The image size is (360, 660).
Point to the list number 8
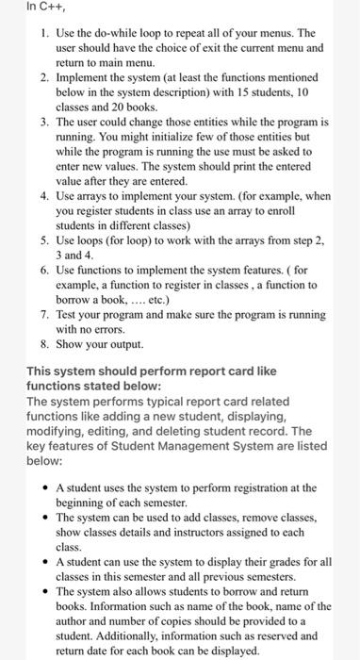tap(44, 344)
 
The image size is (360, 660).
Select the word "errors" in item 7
tap(123, 330)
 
